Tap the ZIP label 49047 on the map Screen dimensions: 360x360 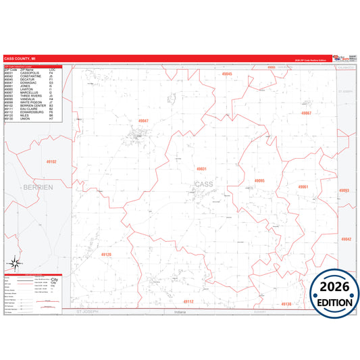tap(143, 120)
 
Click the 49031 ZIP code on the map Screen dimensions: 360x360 tap(201, 168)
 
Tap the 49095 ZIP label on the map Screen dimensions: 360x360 tap(259, 180)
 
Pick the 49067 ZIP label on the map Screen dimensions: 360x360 tap(306, 113)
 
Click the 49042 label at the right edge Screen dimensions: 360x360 tap(346, 239)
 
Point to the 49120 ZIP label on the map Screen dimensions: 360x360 tap(106, 255)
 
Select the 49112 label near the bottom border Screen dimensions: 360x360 tap(188, 301)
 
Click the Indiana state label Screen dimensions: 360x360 tap(179, 312)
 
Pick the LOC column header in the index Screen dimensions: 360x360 tap(53, 69)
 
